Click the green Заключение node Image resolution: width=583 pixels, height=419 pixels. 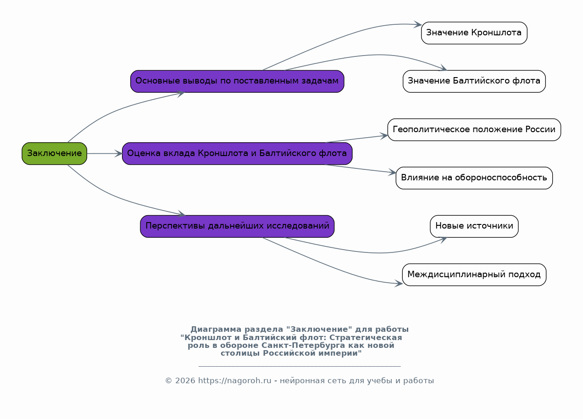coord(55,153)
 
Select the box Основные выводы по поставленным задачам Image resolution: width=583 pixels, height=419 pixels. coord(237,81)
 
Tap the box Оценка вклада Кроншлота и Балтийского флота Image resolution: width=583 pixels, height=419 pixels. coord(237,153)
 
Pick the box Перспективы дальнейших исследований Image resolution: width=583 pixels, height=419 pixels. coord(237,226)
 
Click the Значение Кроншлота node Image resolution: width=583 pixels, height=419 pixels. coord(474,33)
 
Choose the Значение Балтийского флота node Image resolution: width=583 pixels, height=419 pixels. coord(474,81)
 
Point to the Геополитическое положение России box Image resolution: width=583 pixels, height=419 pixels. coord(474,130)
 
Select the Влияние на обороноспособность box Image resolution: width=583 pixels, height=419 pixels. coord(474,178)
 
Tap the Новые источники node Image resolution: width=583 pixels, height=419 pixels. coord(474,226)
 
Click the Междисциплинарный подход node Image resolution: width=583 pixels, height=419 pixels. coord(474,275)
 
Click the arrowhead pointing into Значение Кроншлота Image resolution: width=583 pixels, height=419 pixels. coord(418,24)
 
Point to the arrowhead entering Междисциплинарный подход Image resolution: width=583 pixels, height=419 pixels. coord(399,283)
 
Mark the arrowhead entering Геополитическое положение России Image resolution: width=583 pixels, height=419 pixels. coord(384,136)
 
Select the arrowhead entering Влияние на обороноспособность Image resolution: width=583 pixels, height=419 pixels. coord(392,172)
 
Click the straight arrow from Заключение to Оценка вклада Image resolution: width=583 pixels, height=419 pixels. coord(105,154)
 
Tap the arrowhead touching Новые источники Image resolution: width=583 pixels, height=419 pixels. coord(443,240)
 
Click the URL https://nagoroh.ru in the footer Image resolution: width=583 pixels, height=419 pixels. coord(235,381)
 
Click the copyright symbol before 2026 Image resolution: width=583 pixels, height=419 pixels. coord(168,381)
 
